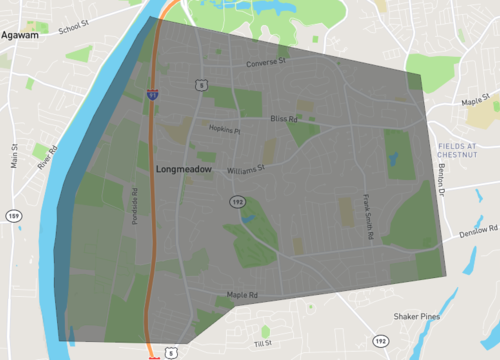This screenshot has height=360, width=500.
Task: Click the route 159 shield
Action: pyautogui.click(x=13, y=215)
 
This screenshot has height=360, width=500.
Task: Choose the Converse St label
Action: pyautogui.click(x=266, y=62)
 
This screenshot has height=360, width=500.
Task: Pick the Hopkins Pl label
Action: pyautogui.click(x=224, y=130)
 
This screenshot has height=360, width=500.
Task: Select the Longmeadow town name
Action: pyautogui.click(x=187, y=171)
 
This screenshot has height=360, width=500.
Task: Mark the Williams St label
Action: pyautogui.click(x=245, y=170)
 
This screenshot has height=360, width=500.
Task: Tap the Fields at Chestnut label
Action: pyautogui.click(x=465, y=151)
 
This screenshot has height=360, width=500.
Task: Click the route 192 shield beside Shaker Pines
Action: pyautogui.click(x=381, y=341)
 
